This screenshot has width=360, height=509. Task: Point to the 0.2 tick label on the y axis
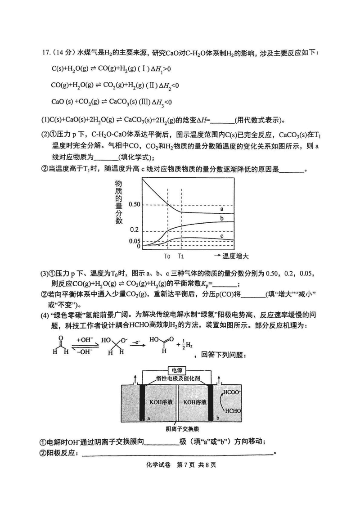tap(135, 230)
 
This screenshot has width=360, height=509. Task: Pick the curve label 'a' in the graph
tap(222, 209)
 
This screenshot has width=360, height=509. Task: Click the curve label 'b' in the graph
tap(222, 218)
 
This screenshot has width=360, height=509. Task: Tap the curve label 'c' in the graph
tap(222, 235)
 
